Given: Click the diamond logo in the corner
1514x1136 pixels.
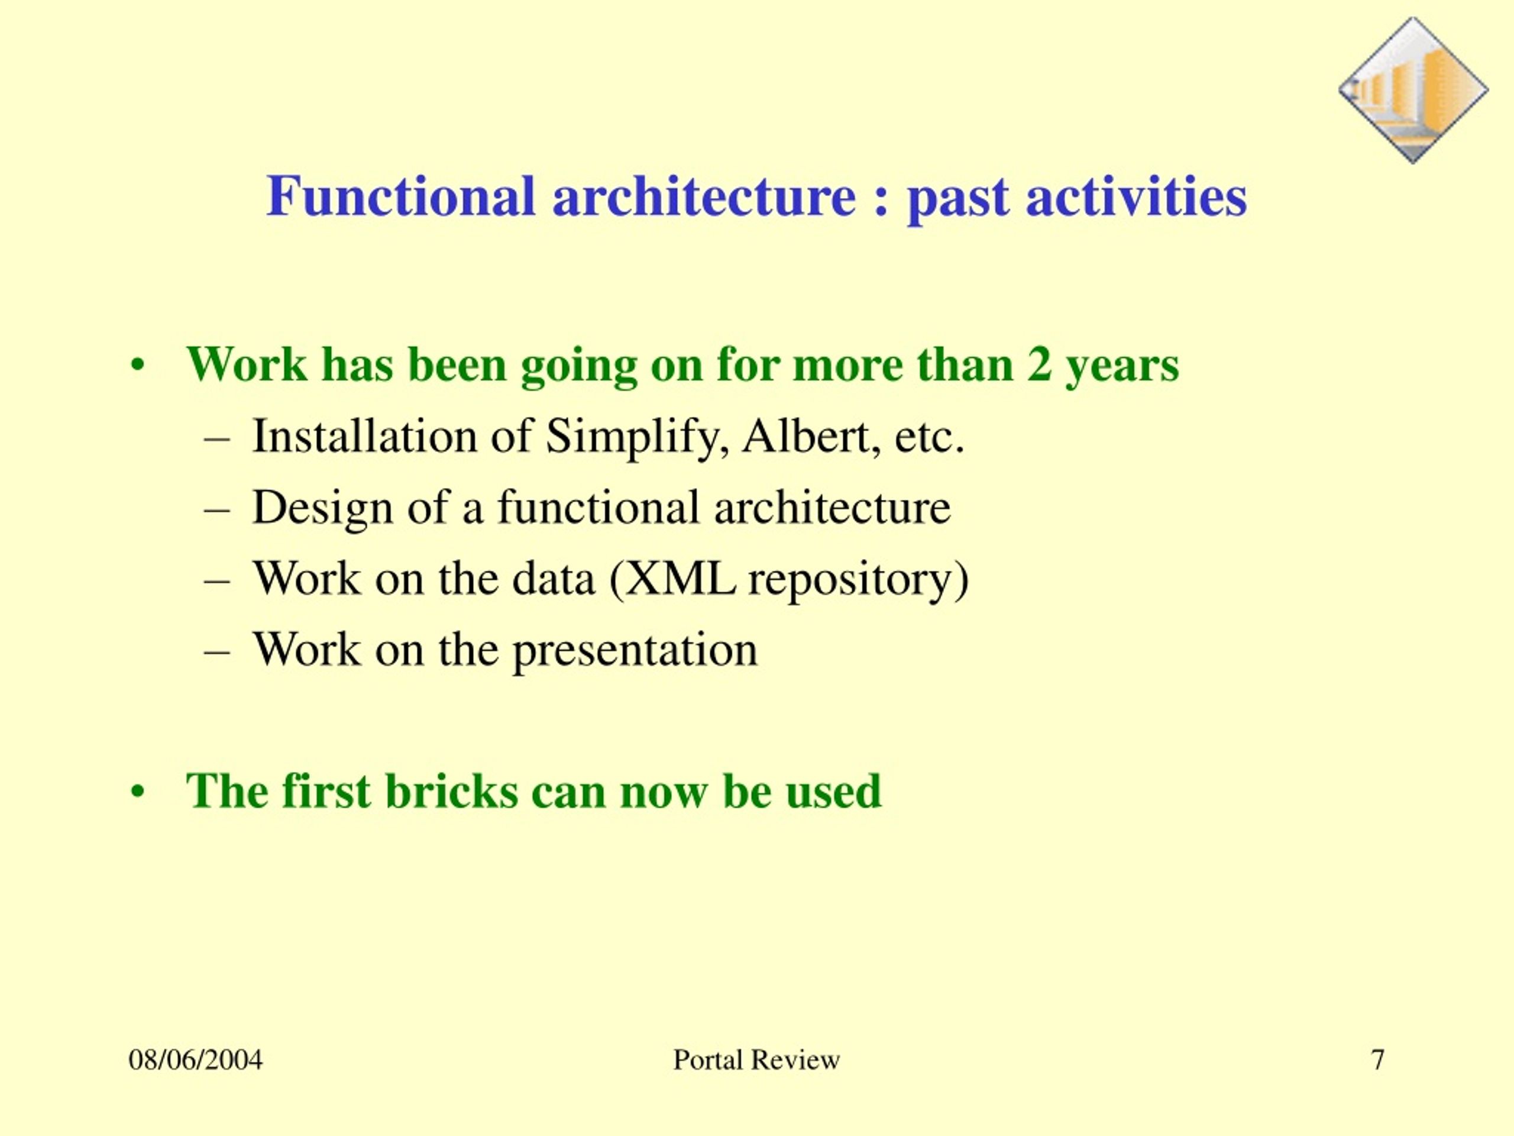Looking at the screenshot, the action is [1413, 91].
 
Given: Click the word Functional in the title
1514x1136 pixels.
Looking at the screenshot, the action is [400, 196].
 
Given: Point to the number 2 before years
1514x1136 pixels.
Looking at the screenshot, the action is [1039, 364].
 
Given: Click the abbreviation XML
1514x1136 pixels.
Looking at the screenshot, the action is [673, 579].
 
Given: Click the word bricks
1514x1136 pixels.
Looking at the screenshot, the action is [451, 792].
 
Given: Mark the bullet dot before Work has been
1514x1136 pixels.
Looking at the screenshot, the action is [138, 366].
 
